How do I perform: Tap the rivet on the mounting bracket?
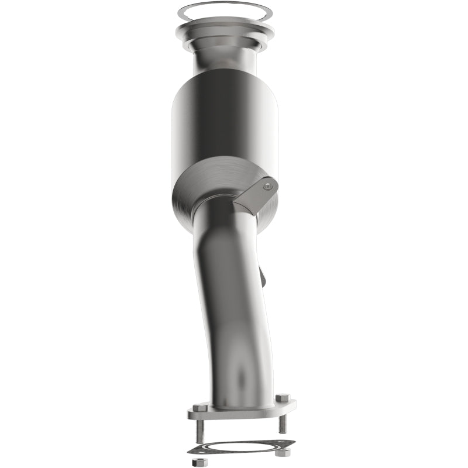point(268,187)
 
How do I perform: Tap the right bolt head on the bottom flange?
point(280,399)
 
